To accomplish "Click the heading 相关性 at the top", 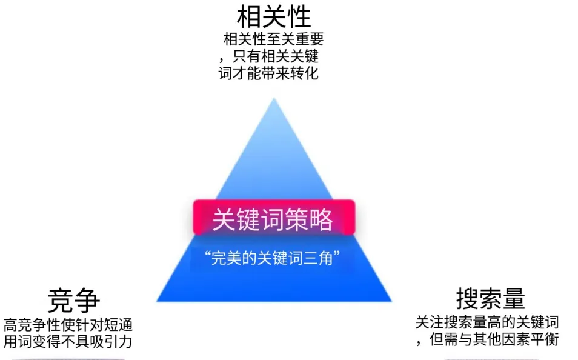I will point(273,16).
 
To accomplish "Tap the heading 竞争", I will point(74,300).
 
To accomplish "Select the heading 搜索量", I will point(490,299).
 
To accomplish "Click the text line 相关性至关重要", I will point(274,40).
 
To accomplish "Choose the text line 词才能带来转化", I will point(269,74).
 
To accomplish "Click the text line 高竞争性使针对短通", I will point(68,324).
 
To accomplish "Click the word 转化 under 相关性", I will point(307,74).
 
